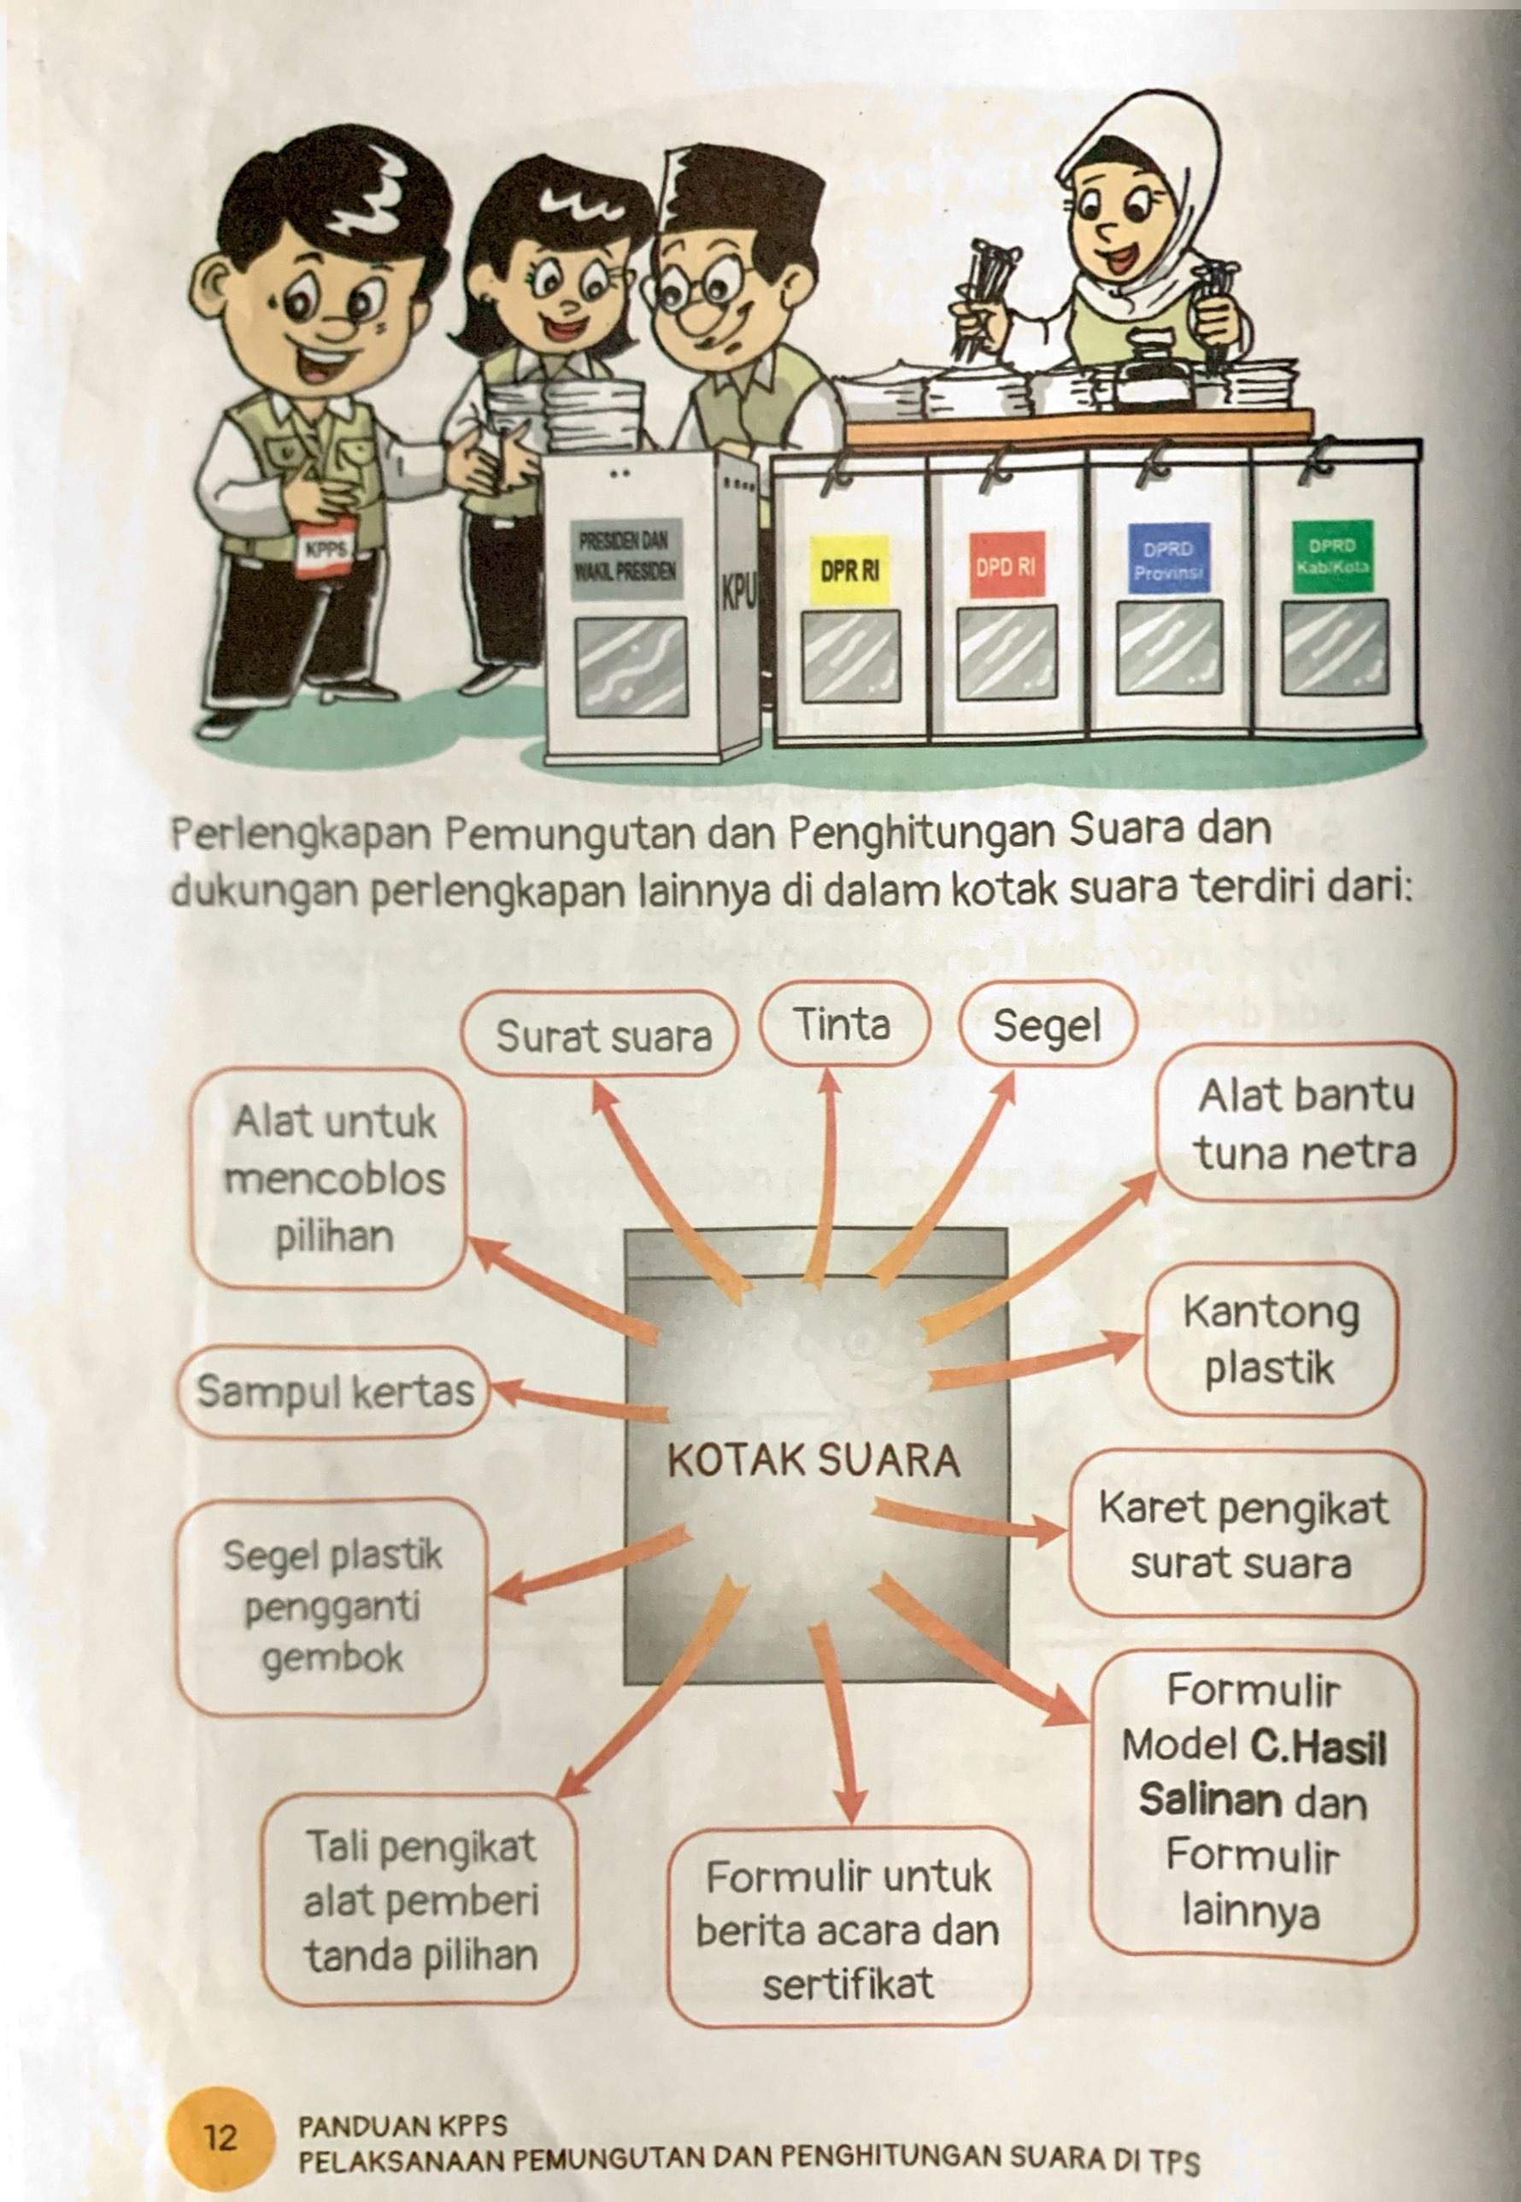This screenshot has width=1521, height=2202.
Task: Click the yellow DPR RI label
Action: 849,569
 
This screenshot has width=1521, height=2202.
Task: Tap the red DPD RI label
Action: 1006,564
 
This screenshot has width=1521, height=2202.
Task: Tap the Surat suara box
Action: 602,1035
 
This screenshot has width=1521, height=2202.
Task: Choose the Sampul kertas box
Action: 333,1392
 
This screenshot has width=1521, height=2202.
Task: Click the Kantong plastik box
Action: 1271,1339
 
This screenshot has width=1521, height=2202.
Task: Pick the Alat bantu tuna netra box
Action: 1306,1123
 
